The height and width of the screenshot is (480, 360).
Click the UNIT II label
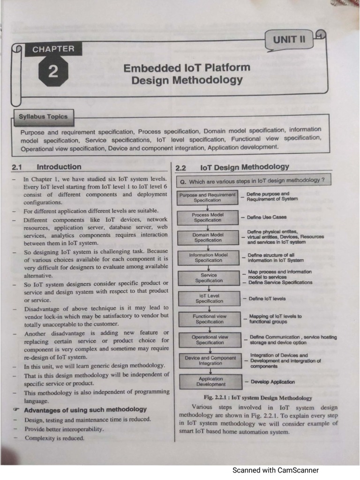coord(289,39)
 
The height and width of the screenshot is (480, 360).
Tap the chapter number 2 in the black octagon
coord(52,71)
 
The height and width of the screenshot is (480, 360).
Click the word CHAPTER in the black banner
coord(53,48)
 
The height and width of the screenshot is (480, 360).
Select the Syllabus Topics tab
coord(43,117)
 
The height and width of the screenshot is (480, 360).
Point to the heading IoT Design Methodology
coord(244,167)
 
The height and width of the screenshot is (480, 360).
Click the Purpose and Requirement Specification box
coord(208,197)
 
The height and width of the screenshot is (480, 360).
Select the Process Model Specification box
coord(208,217)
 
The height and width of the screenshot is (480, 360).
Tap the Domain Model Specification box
coord(208,237)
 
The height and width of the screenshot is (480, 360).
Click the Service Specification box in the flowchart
coord(209,277)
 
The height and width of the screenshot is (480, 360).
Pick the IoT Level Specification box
coord(209,298)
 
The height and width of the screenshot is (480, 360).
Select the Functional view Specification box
coord(210,319)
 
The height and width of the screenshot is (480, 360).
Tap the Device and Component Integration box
coord(210,360)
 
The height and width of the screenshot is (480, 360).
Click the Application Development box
coord(210,381)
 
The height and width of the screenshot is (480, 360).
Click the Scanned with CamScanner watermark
coord(276,470)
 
